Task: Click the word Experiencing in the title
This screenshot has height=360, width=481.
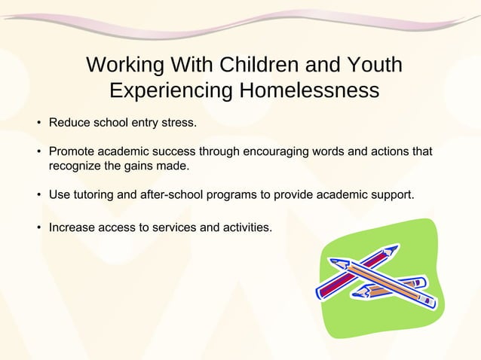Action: click(x=170, y=91)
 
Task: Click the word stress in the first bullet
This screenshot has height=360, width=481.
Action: click(x=178, y=121)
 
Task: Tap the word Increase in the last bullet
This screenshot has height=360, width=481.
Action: click(x=73, y=226)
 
